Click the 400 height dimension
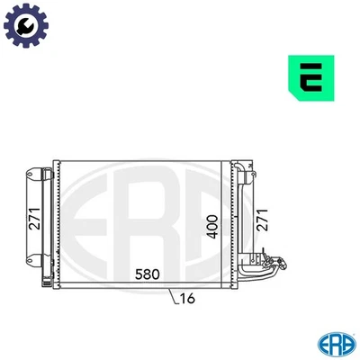click(213, 224)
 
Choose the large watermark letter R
click(144, 220)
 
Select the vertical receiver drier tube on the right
click(237, 220)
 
